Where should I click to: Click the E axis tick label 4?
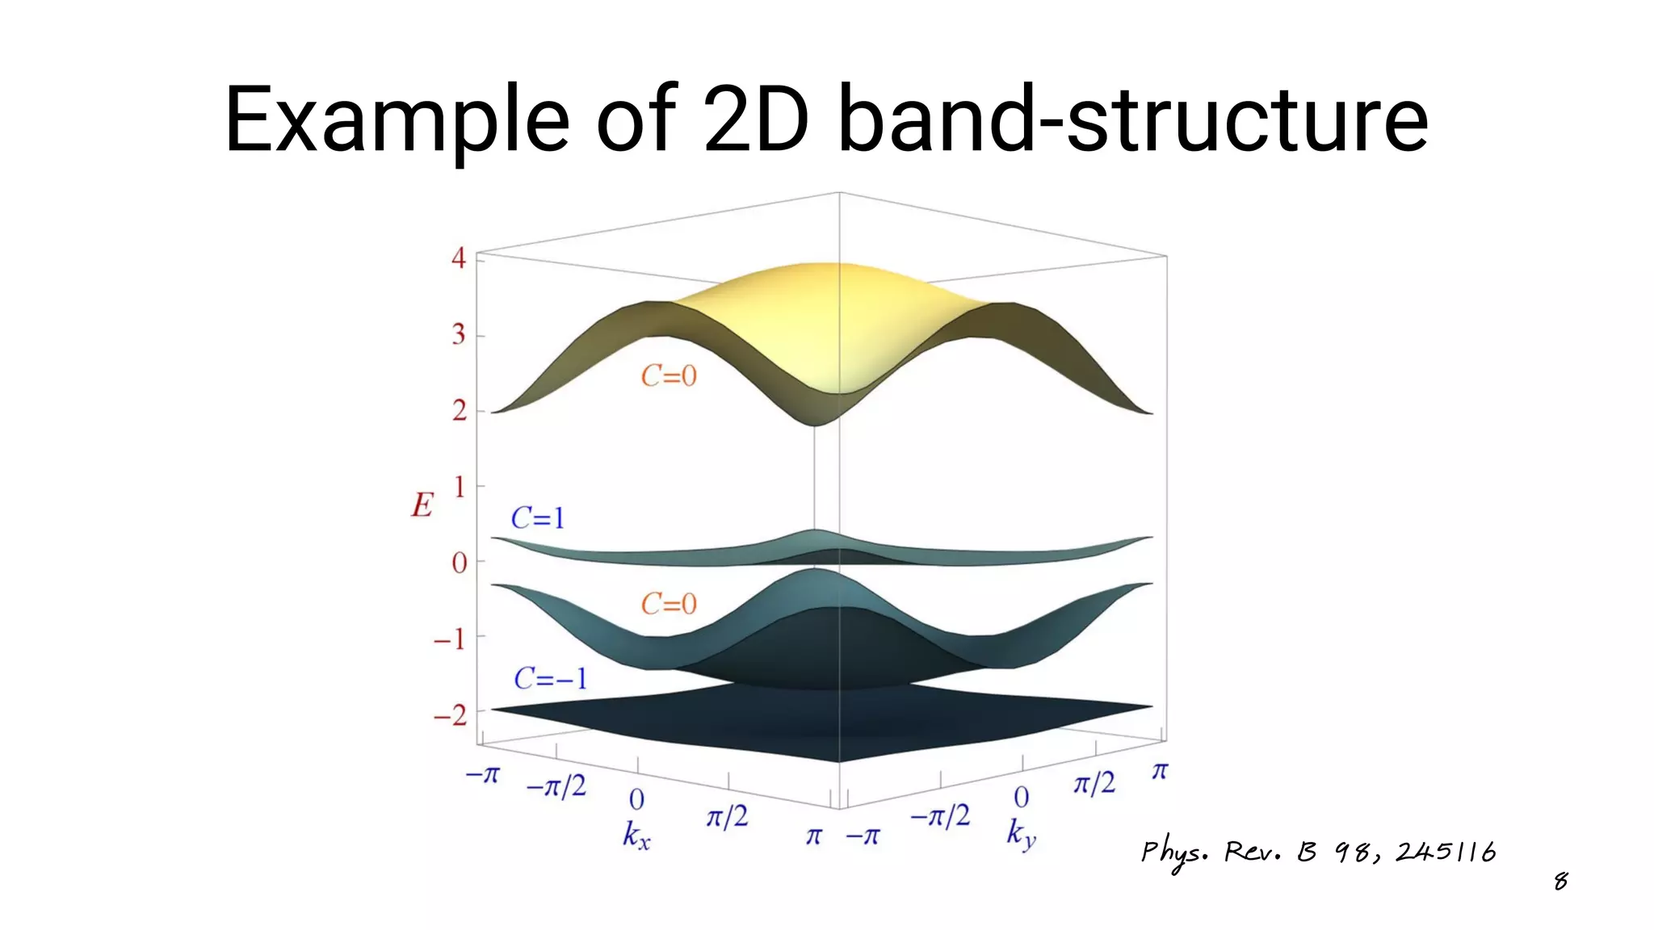[459, 258]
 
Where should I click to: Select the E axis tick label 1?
[460, 487]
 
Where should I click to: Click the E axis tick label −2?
[451, 715]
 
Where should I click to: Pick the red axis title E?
[422, 505]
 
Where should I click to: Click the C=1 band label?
[538, 517]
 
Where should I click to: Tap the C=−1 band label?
[551, 678]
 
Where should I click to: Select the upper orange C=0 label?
[669, 375]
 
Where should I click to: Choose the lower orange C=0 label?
[669, 604]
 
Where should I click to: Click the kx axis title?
[636, 836]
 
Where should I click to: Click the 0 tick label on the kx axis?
[636, 799]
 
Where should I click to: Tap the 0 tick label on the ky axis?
[1022, 798]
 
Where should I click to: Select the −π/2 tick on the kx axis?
[556, 786]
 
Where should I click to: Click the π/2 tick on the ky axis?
[1094, 782]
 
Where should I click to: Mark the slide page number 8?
[1560, 881]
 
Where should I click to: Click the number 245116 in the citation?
[1446, 852]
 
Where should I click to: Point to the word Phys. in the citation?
[1174, 853]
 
